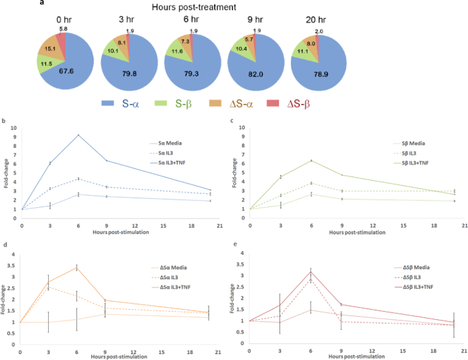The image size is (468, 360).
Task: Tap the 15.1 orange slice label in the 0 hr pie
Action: (x=50, y=48)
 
